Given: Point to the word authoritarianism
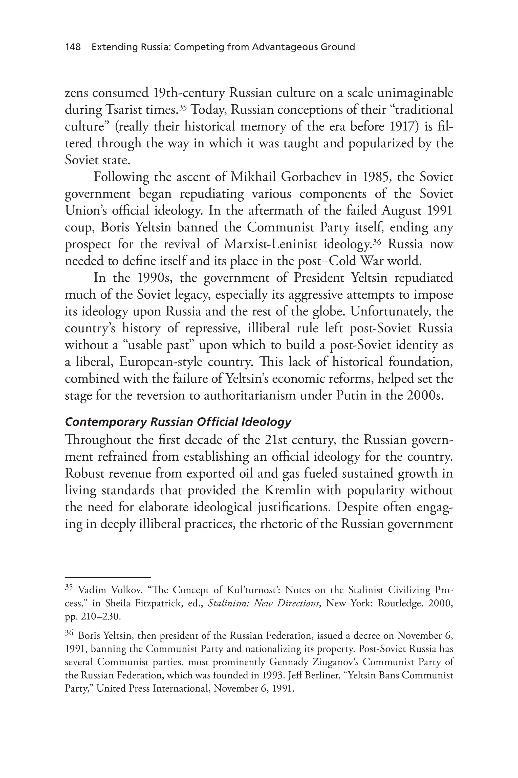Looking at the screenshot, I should [x=249, y=395].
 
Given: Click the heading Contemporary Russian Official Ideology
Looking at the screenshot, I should [x=178, y=422].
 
